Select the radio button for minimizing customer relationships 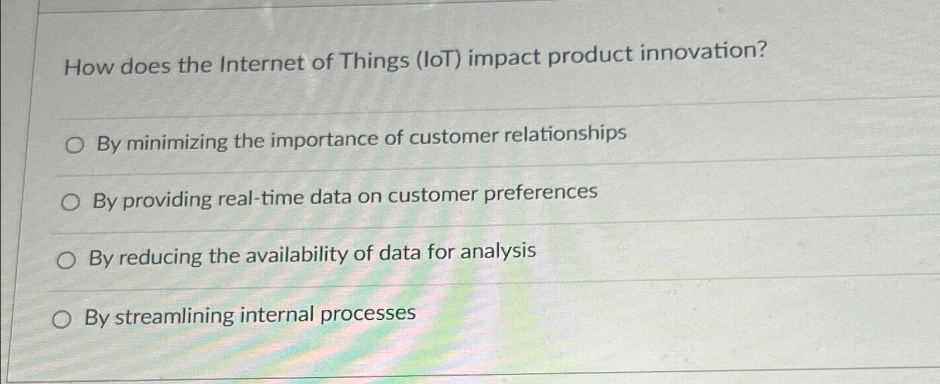click(x=74, y=146)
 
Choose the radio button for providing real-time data click(x=70, y=203)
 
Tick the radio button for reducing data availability click(x=66, y=261)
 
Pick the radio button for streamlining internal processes click(x=61, y=320)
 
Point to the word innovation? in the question click(x=703, y=52)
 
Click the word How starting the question click(x=89, y=67)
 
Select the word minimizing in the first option click(x=176, y=143)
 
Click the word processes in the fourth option click(x=368, y=314)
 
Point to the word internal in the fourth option click(x=277, y=315)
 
